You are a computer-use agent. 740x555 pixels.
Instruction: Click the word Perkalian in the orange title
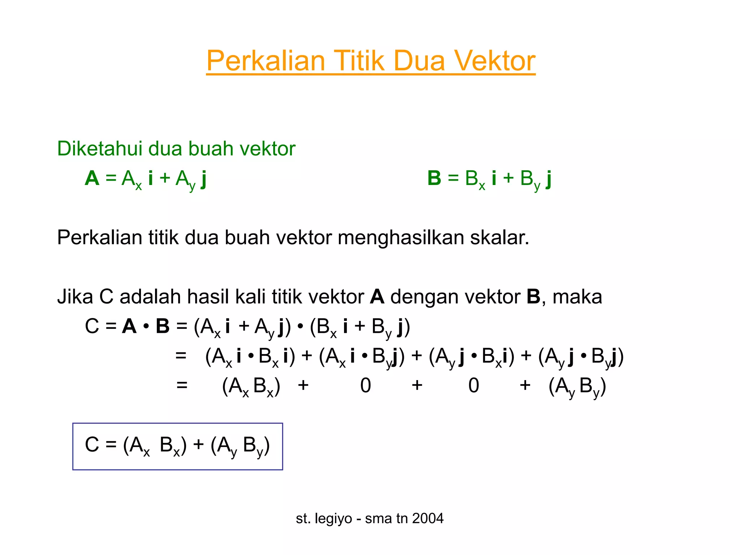266,61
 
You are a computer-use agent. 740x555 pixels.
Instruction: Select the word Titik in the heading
359,61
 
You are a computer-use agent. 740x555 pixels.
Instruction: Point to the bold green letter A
92,178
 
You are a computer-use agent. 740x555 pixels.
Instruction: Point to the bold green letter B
434,178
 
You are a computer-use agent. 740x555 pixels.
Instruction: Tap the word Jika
74,297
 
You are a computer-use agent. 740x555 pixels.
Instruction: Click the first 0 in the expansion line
365,385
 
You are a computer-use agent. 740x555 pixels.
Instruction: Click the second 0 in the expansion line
473,385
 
